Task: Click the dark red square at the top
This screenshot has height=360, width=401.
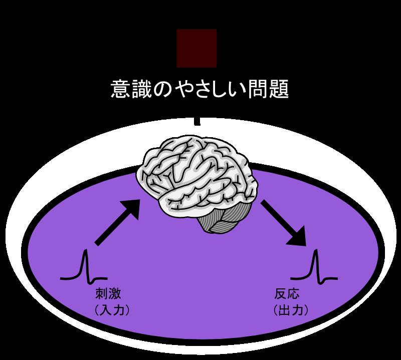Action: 196,48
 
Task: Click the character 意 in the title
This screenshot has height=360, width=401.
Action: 121,90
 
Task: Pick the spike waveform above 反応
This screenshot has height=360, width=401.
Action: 314,266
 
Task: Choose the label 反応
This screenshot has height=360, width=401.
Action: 287,293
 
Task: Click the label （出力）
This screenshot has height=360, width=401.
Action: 291,310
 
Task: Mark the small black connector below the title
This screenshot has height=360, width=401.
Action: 197,121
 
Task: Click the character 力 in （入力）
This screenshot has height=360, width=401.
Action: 119,310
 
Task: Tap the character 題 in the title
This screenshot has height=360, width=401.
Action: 278,90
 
